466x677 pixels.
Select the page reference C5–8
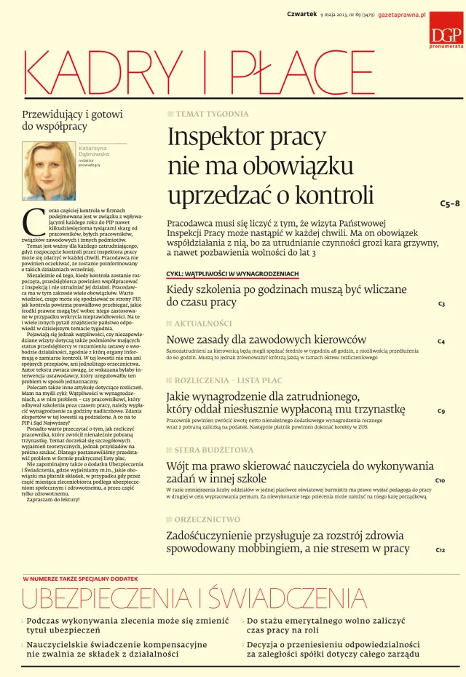coord(450,204)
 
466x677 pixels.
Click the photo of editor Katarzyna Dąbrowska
coord(48,171)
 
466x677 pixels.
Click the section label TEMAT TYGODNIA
coord(212,114)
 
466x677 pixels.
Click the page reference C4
coord(441,341)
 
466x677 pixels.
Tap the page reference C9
coord(441,411)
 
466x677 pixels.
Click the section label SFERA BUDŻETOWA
coord(214,450)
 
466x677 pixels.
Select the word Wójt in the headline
coord(181,466)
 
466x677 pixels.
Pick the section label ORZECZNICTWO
coord(207,520)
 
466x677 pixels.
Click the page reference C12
coord(441,549)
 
